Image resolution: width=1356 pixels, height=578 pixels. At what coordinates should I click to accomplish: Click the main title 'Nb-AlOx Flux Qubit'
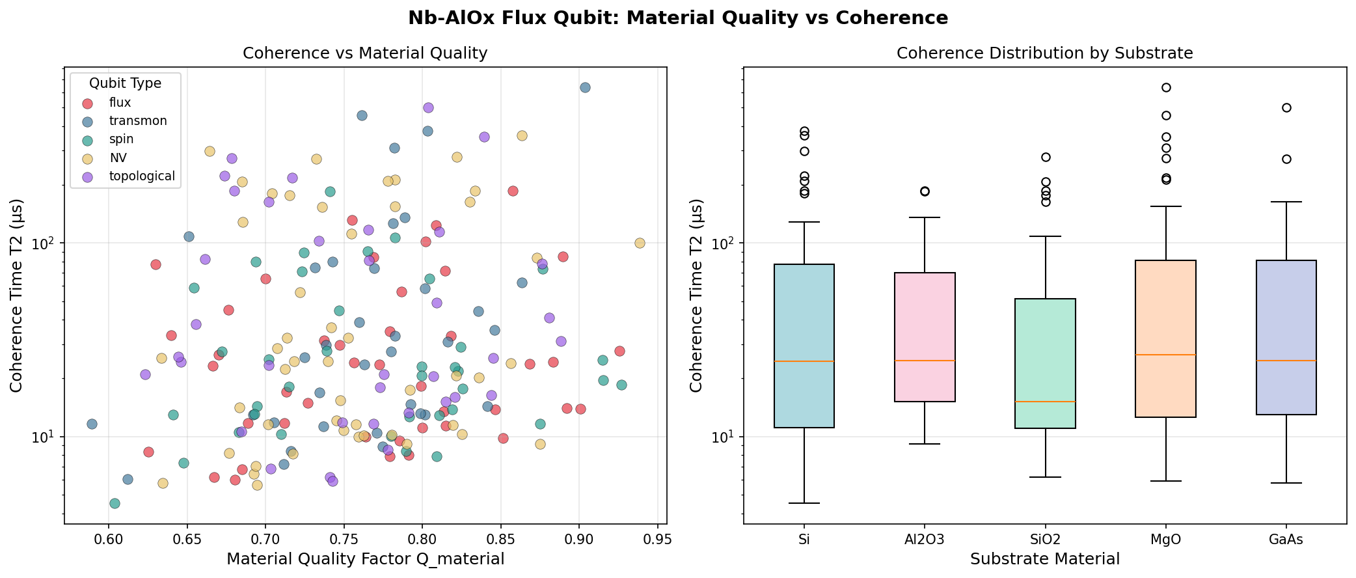pos(677,18)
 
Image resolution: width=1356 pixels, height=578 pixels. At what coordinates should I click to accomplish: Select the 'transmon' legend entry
pos(137,121)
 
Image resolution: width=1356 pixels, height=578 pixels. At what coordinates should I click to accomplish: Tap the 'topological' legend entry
pos(142,176)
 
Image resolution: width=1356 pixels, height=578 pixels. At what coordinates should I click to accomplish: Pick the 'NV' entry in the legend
pos(118,158)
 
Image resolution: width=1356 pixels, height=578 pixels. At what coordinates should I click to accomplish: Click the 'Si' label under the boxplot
pos(804,540)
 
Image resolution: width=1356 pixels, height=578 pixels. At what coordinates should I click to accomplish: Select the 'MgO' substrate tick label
pos(1166,540)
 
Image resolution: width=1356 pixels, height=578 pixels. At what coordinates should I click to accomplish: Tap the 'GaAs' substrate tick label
pos(1286,540)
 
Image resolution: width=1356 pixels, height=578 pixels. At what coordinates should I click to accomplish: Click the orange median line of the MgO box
pos(1166,355)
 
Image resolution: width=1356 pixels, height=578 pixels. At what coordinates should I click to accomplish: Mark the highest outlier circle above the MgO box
pos(1166,87)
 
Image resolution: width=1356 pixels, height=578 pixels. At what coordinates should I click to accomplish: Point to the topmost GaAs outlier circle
pos(1286,107)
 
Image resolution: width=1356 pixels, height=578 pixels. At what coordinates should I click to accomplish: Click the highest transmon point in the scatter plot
pos(585,87)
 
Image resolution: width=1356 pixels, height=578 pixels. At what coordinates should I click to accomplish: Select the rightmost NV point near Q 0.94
pos(640,243)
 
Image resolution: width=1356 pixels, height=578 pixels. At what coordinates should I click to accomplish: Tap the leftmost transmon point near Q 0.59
pos(92,424)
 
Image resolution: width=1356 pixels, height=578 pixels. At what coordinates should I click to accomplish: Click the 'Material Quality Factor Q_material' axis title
pos(365,559)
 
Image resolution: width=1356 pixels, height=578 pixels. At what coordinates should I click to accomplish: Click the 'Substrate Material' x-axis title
pos(1045,559)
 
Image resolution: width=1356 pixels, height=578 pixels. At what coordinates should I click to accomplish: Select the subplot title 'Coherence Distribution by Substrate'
pos(1045,53)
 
